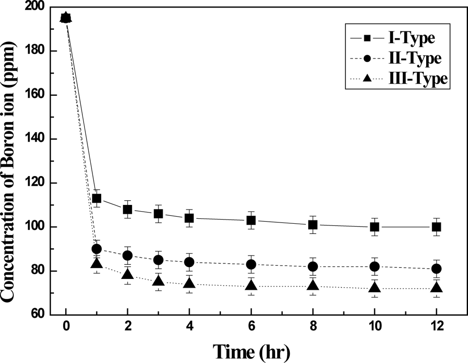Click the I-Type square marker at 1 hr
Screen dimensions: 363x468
[x=97, y=198]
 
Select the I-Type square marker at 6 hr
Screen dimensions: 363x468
[x=251, y=220]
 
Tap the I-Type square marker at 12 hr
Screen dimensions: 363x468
[x=436, y=227]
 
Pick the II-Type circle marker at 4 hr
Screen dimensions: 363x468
[x=189, y=262]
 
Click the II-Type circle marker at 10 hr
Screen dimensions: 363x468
[x=375, y=267]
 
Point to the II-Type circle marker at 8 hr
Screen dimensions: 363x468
[x=313, y=267]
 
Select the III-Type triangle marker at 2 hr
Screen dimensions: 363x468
[x=127, y=274]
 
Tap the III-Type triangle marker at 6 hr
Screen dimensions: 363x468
[x=251, y=285]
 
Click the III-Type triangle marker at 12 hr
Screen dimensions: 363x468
[x=436, y=288]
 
